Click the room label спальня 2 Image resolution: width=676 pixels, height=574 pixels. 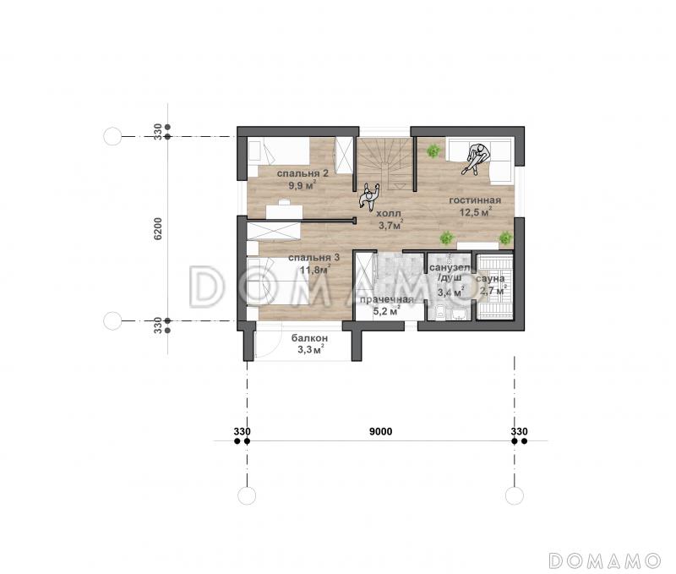(303, 173)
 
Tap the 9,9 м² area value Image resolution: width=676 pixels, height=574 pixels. (303, 185)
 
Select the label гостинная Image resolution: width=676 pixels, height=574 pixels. (475, 200)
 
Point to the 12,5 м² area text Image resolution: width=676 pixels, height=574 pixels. (476, 212)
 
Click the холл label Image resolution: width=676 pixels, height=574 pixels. (389, 214)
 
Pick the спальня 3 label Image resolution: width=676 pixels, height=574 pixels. (313, 258)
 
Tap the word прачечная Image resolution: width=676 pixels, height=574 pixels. (387, 300)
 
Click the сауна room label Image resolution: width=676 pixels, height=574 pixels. (491, 279)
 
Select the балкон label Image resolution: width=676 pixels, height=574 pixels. (309, 338)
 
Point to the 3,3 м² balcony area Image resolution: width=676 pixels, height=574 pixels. (311, 350)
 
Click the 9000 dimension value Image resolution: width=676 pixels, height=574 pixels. (381, 431)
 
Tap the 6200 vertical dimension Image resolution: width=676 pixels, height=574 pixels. (158, 228)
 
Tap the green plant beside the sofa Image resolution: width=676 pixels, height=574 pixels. (433, 151)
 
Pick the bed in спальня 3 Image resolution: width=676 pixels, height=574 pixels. (279, 282)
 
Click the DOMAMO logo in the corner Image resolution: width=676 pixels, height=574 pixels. (604, 560)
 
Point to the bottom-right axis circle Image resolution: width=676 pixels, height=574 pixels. (515, 495)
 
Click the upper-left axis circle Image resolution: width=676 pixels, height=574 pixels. (112, 136)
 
